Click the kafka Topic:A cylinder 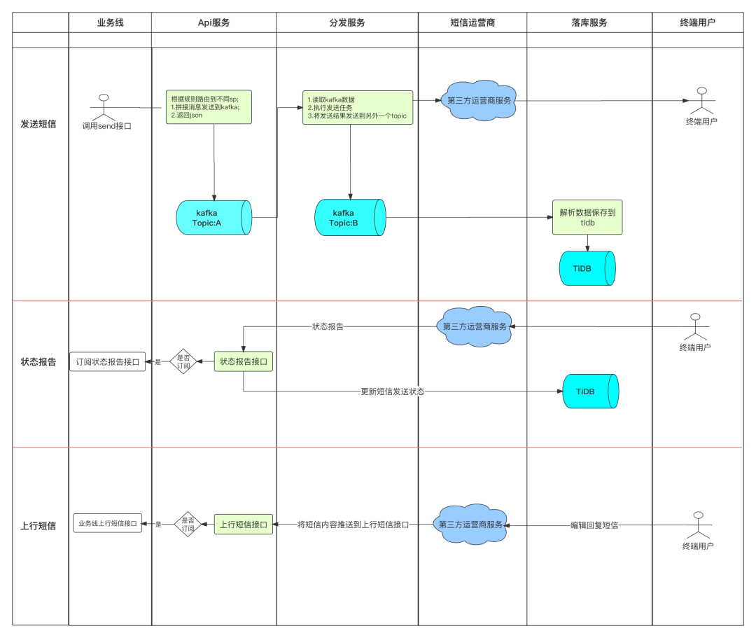click(x=213, y=218)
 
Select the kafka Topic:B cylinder click(x=350, y=218)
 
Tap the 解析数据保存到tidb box click(x=587, y=218)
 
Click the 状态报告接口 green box click(x=244, y=361)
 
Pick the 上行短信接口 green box click(x=244, y=524)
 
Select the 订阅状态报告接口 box click(x=108, y=361)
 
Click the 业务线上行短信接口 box click(x=108, y=523)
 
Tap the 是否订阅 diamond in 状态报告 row click(x=183, y=361)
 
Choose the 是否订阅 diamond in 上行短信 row click(x=188, y=524)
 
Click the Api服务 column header click(x=213, y=22)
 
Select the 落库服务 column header click(x=589, y=22)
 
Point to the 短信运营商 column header click(x=472, y=22)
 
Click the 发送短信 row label click(x=38, y=124)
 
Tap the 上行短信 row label click(x=38, y=526)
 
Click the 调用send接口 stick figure click(x=104, y=108)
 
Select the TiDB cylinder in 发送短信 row click(x=587, y=268)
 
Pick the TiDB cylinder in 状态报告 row click(x=591, y=391)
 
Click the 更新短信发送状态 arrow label click(x=393, y=391)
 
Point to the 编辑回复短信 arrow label click(x=594, y=525)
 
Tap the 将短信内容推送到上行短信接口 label click(x=353, y=525)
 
